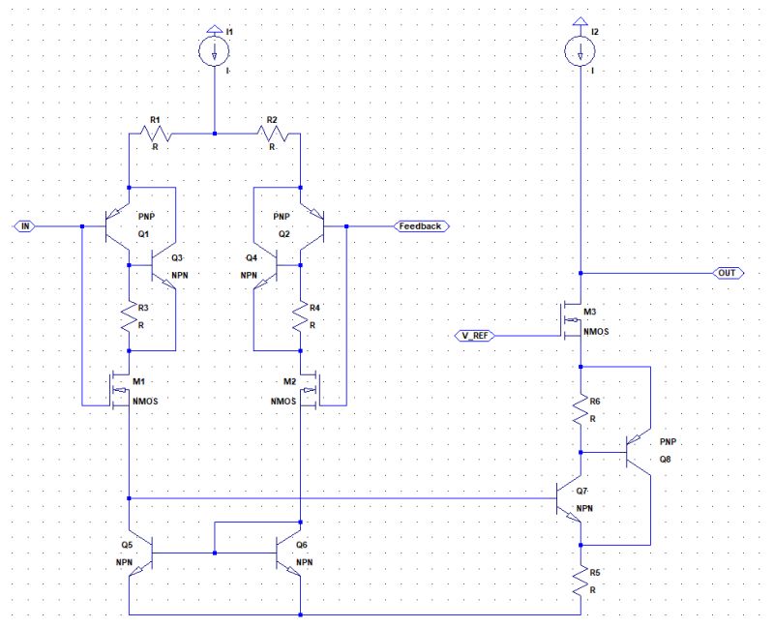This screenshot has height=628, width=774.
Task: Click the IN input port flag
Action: pyautogui.click(x=26, y=225)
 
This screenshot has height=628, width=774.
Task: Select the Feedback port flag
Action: pyautogui.click(x=418, y=225)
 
